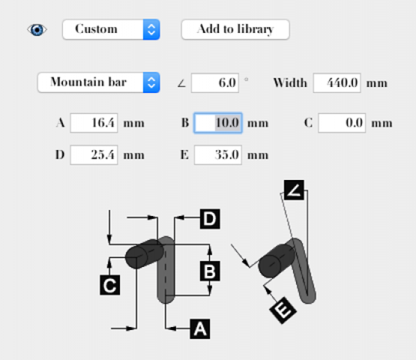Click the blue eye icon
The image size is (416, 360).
(37, 29)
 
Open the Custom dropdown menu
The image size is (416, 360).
(111, 29)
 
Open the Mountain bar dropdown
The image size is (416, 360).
(98, 82)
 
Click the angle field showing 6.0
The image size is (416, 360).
(215, 83)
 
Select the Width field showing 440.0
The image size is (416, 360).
(337, 83)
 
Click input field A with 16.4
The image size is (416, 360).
(94, 123)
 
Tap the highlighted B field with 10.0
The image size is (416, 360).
(218, 123)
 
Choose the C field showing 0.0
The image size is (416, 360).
(342, 123)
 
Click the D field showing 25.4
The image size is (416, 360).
(94, 155)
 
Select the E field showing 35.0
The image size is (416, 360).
(218, 155)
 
